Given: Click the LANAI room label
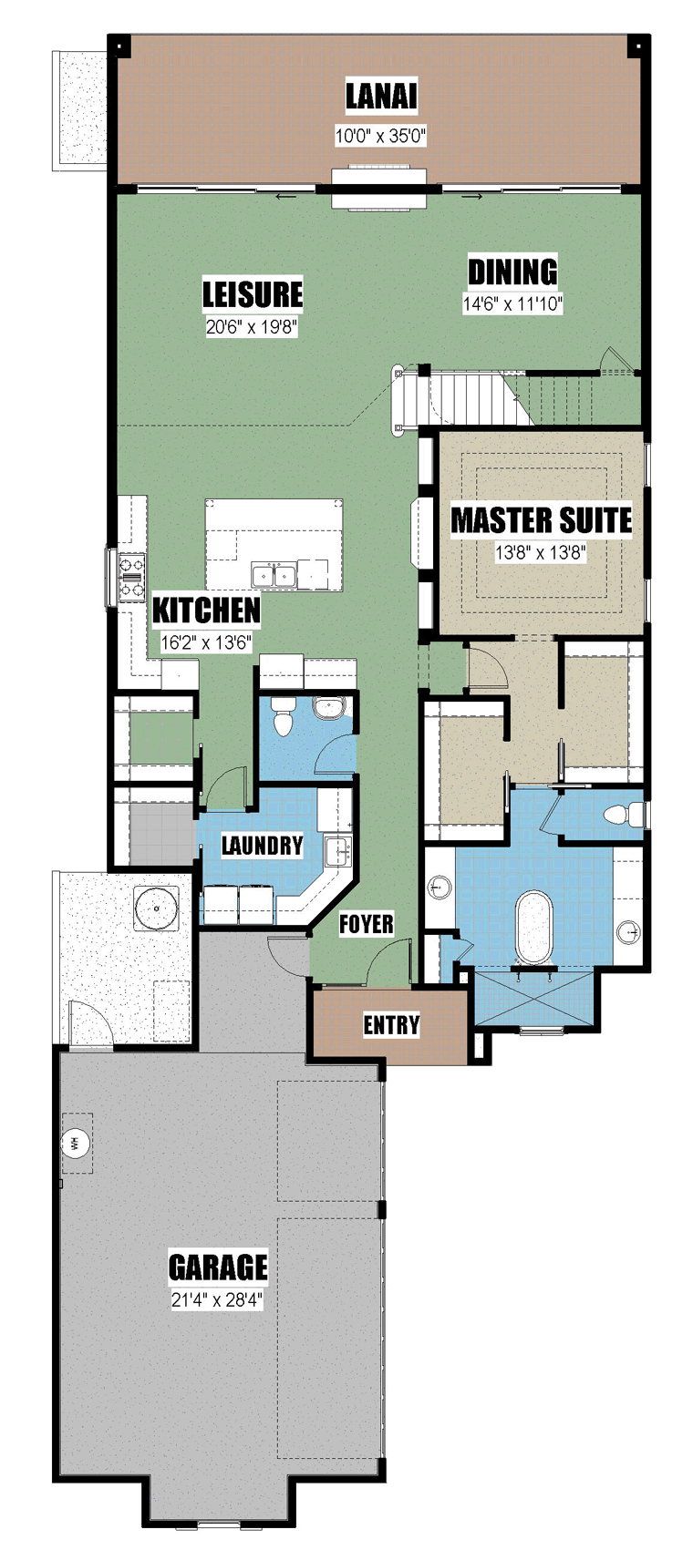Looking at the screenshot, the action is pos(381,97).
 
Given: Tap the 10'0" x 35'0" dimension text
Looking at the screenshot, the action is pos(380,136).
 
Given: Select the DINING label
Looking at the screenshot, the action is pos(512,272).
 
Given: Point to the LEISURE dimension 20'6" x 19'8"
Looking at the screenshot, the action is pos(252,326).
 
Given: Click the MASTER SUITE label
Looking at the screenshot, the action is pos(542,520).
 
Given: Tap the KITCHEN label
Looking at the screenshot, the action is pos(206,611).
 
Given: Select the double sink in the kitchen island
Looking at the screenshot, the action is pos(274,575).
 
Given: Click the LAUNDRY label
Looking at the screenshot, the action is pos(262,845).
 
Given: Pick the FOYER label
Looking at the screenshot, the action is pos(367,924).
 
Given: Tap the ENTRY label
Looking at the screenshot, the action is pos(391,1025).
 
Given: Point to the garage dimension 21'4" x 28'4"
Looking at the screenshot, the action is pos(217,1299).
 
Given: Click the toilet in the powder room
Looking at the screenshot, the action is pos(283,716).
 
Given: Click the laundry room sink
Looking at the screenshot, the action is pos(338,851).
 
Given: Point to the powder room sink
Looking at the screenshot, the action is pos(329,708).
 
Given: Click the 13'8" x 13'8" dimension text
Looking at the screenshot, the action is pos(541,553).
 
